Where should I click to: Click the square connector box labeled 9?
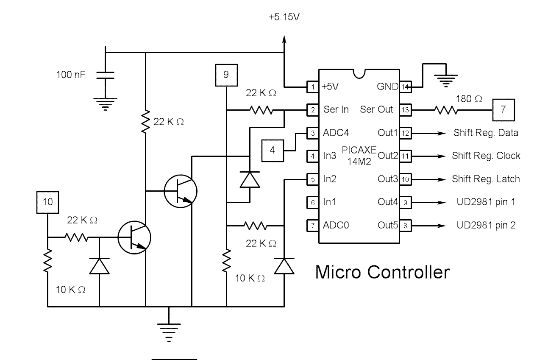pyautogui.click(x=226, y=75)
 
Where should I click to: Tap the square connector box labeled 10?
pyautogui.click(x=48, y=202)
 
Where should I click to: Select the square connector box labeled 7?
pyautogui.click(x=503, y=109)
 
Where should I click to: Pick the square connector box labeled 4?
pyautogui.click(x=273, y=150)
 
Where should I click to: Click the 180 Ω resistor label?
pyautogui.click(x=469, y=99)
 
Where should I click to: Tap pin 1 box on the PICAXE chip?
pyautogui.click(x=313, y=87)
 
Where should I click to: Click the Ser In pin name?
pyautogui.click(x=336, y=109)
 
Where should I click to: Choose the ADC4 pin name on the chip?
pyautogui.click(x=336, y=133)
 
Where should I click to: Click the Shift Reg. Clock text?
pyautogui.click(x=486, y=156)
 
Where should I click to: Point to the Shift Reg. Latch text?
pyautogui.click(x=486, y=179)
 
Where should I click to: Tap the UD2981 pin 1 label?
pyautogui.click(x=486, y=202)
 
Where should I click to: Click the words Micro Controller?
pyautogui.click(x=382, y=272)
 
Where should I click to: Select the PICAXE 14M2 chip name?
pyautogui.click(x=359, y=156)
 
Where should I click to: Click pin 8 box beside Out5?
pyautogui.click(x=405, y=226)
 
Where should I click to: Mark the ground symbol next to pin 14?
pyautogui.click(x=444, y=78)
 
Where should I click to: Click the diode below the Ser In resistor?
pyautogui.click(x=249, y=179)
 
